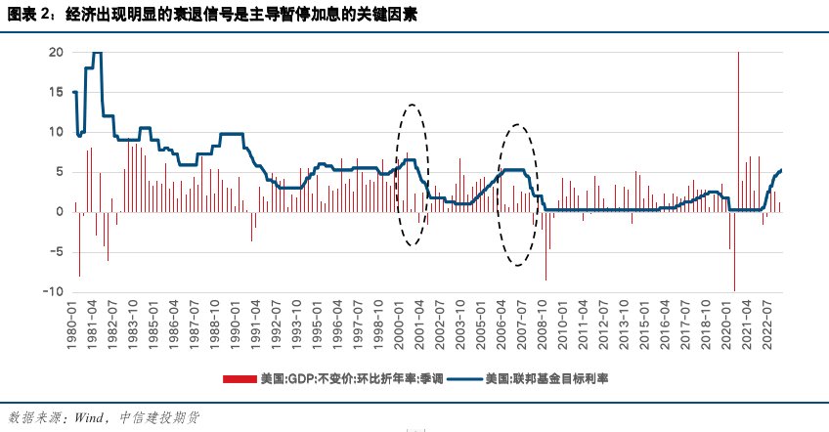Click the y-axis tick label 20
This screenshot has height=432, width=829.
(x=57, y=52)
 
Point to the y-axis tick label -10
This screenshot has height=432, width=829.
(x=55, y=291)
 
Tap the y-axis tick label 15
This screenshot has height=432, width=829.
(x=57, y=92)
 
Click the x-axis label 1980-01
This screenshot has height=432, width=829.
(x=73, y=323)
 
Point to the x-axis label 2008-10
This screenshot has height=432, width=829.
(x=542, y=323)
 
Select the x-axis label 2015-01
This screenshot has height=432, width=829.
(x=643, y=323)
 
